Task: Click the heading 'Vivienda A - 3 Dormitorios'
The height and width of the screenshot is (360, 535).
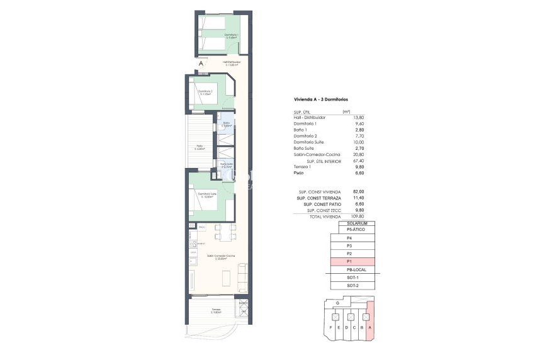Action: click(321, 100)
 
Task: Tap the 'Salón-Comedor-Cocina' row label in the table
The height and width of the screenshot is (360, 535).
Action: click(317, 155)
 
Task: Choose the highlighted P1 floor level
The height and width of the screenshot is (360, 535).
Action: click(352, 261)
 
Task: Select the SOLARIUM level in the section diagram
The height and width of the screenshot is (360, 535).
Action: click(352, 223)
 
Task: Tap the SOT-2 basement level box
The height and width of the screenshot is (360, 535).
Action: click(352, 286)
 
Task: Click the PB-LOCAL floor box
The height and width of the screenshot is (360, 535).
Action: click(352, 269)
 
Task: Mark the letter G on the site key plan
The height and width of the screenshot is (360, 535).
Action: click(338, 303)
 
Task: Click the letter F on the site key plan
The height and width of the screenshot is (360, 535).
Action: click(330, 327)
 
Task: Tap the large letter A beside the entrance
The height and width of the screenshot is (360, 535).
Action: click(201, 64)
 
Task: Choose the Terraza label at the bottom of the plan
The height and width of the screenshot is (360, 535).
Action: click(217, 310)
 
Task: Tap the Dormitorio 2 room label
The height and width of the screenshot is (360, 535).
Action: click(205, 92)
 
